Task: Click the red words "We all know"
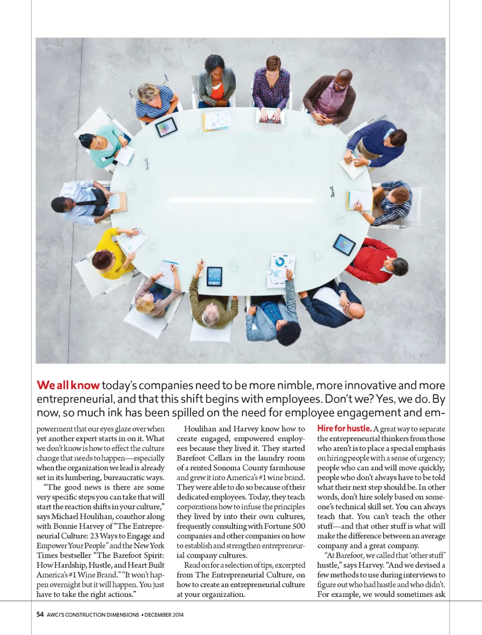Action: tap(68, 385)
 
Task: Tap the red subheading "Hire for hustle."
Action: tap(344, 428)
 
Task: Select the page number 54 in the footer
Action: tap(40, 614)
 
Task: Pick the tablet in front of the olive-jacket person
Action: tap(214, 276)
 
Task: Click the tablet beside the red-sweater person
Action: tap(344, 244)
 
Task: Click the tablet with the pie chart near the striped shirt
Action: tap(166, 127)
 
